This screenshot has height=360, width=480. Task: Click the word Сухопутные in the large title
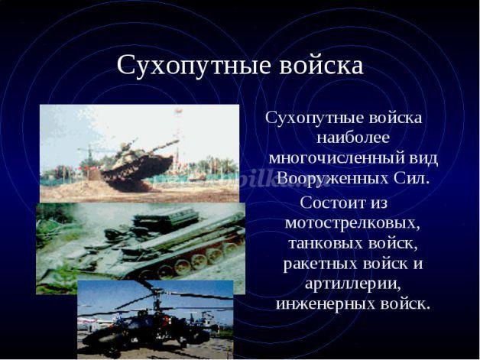coord(194,66)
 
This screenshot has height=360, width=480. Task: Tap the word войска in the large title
coord(321,65)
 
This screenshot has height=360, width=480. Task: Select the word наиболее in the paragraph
coord(353,138)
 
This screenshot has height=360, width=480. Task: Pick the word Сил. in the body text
coord(410,178)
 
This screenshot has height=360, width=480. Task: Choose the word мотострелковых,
coord(352,223)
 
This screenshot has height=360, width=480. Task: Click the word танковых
coord(325,243)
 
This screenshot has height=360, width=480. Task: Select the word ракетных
coord(320,264)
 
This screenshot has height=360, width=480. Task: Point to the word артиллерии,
coord(353,284)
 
